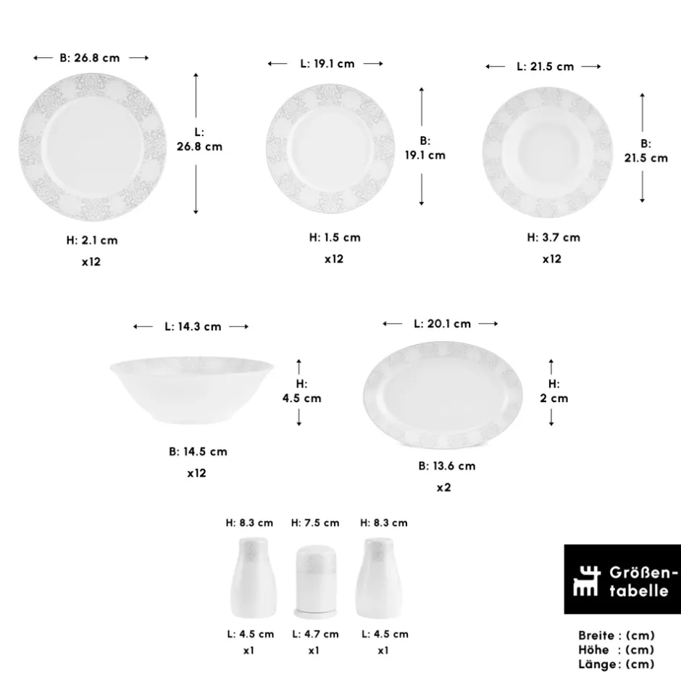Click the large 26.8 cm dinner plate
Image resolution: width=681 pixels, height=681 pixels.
(x=93, y=147)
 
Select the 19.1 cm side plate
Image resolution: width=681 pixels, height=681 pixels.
(x=330, y=149)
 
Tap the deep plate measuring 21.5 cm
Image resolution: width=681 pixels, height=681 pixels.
(x=547, y=152)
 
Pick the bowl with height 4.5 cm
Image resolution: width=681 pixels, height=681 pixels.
(x=191, y=390)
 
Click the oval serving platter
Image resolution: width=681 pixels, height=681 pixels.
(x=443, y=395)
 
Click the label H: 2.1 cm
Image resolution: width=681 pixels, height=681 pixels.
(x=92, y=241)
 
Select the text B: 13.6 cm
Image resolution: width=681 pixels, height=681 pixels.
(x=447, y=466)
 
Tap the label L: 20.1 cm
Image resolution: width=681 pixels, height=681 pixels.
(x=442, y=324)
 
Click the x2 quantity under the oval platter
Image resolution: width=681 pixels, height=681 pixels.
(x=443, y=488)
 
